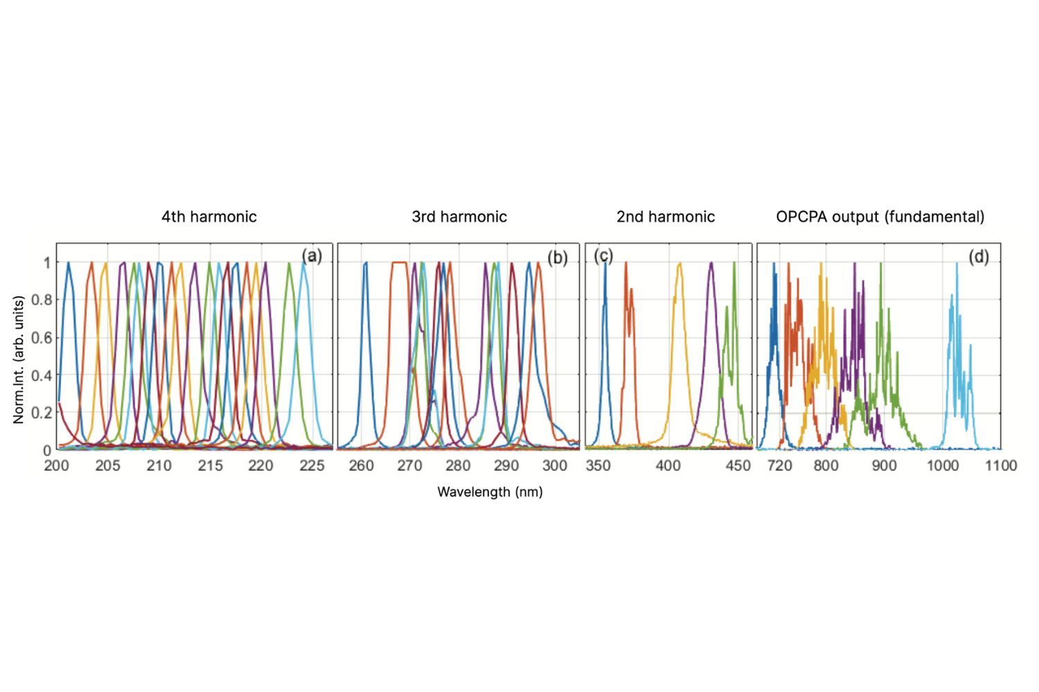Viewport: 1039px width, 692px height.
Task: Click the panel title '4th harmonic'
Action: point(209,217)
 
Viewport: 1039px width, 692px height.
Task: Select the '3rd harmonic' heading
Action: point(459,217)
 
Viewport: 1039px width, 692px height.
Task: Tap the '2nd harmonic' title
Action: point(666,217)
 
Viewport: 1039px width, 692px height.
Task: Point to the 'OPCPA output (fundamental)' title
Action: point(880,217)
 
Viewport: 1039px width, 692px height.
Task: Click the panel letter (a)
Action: point(312,257)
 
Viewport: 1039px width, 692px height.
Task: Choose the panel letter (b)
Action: point(557,257)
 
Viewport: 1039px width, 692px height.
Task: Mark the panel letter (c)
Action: point(603,256)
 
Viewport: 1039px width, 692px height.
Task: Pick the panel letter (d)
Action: point(978,257)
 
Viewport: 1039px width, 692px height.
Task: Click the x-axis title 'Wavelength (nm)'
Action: point(490,492)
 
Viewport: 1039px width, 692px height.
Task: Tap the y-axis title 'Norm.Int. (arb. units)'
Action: point(19,359)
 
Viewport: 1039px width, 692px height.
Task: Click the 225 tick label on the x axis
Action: point(312,466)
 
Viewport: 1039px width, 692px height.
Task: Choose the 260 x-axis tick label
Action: point(361,466)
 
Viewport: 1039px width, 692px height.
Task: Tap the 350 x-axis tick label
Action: point(598,466)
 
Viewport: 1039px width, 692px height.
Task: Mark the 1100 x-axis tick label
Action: point(1000,466)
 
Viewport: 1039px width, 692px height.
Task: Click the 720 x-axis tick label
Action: point(779,466)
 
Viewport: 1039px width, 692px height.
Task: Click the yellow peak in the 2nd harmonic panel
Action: point(680,264)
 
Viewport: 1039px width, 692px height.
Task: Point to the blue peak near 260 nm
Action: point(365,264)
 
